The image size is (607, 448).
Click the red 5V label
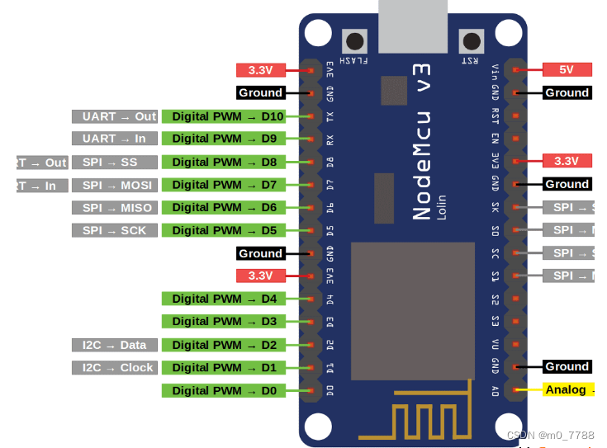567,70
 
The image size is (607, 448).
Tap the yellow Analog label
567,389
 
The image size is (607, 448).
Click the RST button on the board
472,41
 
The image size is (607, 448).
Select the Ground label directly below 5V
567,92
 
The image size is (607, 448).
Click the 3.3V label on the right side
567,161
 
